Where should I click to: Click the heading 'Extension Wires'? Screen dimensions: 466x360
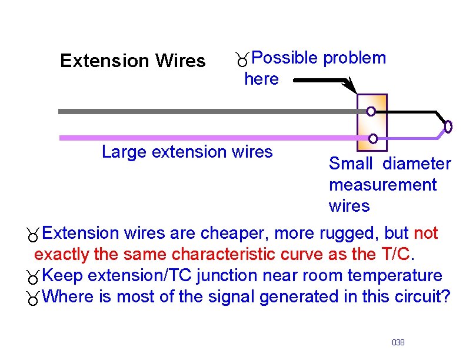[x=132, y=61]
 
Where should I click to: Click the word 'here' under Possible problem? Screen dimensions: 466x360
[x=261, y=79]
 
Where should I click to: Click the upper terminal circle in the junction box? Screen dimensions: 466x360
[x=371, y=111]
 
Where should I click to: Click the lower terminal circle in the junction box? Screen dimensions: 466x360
[x=373, y=138]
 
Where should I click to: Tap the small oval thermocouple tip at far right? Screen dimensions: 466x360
[x=448, y=126]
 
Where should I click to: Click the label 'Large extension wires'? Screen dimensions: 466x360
[x=187, y=152]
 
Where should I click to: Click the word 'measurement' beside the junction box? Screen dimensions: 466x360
[x=382, y=185]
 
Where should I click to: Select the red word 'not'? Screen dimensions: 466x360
[x=425, y=234]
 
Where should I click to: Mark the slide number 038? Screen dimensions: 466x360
[x=398, y=342]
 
